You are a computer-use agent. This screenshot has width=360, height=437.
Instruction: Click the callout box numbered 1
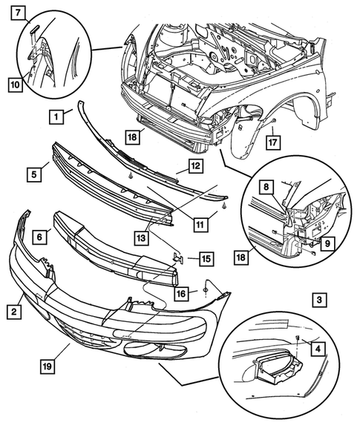[x=56, y=116]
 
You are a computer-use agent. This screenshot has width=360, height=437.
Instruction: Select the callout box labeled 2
[x=13, y=312]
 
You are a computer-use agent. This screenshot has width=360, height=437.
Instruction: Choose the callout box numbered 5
[x=33, y=175]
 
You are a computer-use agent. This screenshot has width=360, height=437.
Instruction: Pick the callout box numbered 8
[x=266, y=188]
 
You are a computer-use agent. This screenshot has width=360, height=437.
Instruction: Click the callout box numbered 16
[x=181, y=294]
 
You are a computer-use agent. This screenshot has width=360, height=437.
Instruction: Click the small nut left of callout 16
[x=203, y=289]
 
